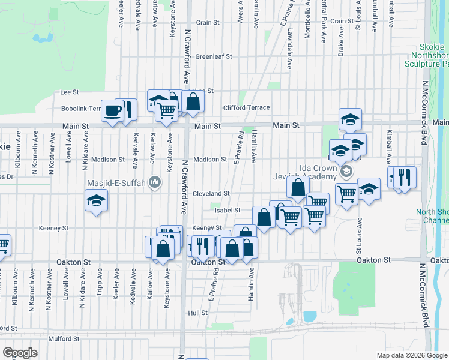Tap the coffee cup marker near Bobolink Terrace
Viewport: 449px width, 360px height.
click(x=113, y=110)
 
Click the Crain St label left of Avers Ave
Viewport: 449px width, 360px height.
click(x=208, y=22)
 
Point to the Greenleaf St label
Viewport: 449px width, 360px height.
click(x=213, y=56)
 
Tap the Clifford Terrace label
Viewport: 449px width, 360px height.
click(x=246, y=108)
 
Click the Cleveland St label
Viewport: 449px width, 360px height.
click(x=211, y=194)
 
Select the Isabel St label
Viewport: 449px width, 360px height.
click(x=228, y=211)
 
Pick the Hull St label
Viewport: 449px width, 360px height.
click(x=197, y=313)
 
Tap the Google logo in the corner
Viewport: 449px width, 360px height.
click(x=19, y=353)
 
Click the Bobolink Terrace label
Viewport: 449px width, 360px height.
click(x=83, y=109)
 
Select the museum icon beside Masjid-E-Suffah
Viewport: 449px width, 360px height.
click(x=155, y=181)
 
